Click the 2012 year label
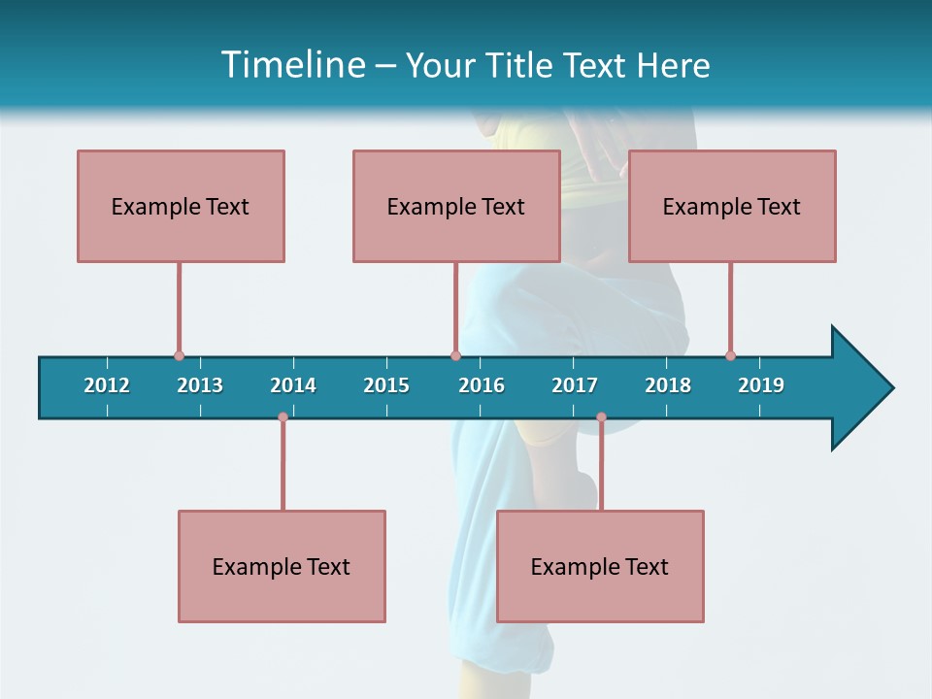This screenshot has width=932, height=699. [107, 385]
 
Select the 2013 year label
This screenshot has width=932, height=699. [200, 385]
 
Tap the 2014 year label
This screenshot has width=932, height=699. [293, 385]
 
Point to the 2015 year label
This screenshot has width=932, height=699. [386, 385]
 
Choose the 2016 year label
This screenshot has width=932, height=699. [482, 385]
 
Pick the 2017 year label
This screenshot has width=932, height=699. [575, 385]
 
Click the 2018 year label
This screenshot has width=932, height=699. [668, 385]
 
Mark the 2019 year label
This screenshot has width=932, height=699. [761, 385]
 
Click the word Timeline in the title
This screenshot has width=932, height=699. [292, 65]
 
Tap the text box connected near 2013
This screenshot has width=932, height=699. [181, 206]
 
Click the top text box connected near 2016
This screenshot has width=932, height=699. [456, 206]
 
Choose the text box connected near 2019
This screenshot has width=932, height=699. [732, 206]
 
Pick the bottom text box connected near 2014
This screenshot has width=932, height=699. [282, 566]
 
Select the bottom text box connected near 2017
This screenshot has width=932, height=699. [600, 566]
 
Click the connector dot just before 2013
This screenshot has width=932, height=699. [179, 356]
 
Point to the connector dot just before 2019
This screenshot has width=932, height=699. [730, 356]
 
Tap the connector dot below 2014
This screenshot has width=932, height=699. [283, 417]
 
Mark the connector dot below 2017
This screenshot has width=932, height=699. [601, 417]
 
